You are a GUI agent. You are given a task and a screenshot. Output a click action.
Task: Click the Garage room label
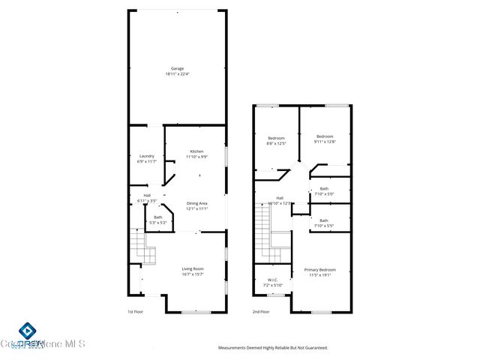point(176,68)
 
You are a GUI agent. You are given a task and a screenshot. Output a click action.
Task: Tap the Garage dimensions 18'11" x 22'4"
point(176,74)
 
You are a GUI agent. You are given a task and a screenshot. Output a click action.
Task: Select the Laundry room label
point(146,156)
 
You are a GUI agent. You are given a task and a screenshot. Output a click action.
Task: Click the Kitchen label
point(196,151)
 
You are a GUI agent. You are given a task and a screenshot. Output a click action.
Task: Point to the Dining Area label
point(196,203)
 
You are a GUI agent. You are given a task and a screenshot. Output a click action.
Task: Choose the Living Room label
point(193,268)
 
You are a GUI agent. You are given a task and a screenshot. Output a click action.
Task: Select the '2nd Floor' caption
point(259,312)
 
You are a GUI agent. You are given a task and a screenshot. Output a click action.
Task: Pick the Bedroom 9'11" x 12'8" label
point(324,136)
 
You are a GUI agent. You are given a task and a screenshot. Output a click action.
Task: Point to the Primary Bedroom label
point(319,269)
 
